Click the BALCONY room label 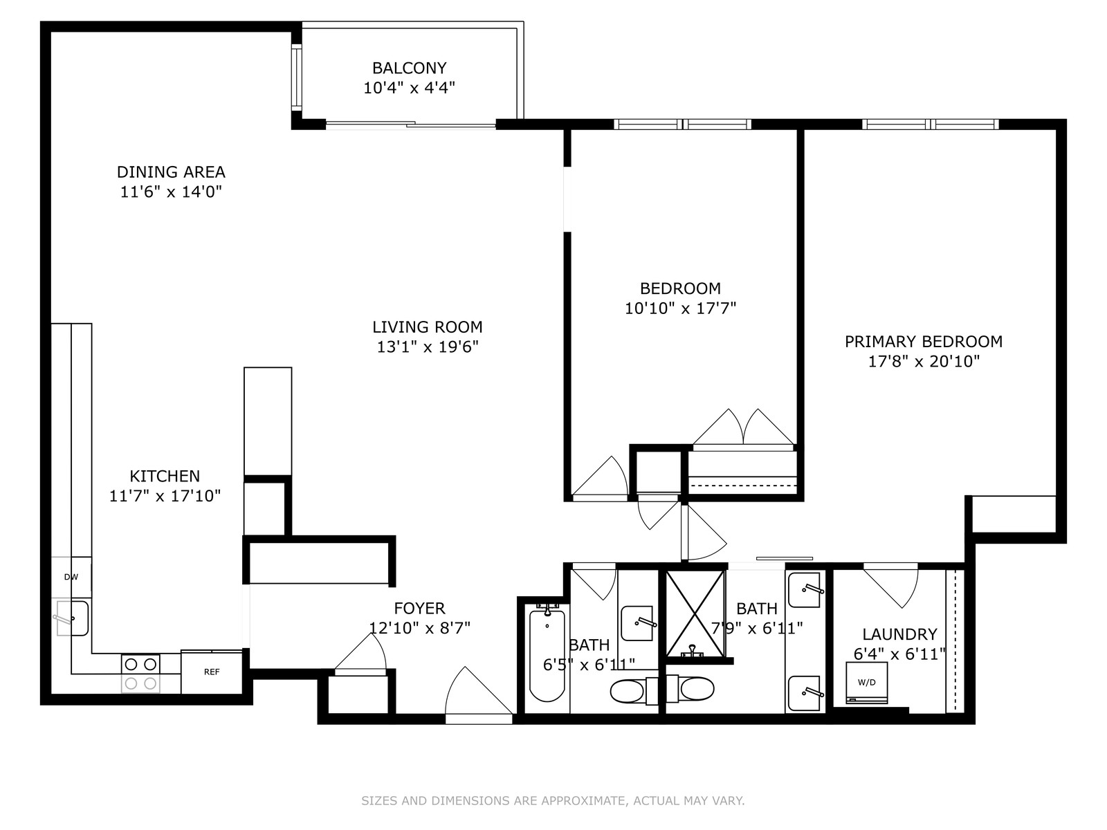tap(409, 68)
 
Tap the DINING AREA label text tap(171, 172)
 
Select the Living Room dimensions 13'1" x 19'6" tap(428, 347)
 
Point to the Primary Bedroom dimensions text tap(924, 361)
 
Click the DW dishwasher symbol tap(71, 577)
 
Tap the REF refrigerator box tap(212, 672)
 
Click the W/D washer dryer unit tap(866, 683)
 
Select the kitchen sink tap(72, 618)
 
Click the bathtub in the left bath tap(547, 656)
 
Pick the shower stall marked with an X tap(695, 614)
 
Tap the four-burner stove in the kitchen tap(140, 674)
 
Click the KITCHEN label tap(165, 477)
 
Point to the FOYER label tap(419, 609)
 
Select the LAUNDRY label tap(899, 634)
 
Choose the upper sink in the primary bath tap(805, 590)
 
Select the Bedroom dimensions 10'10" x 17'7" tap(680, 308)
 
